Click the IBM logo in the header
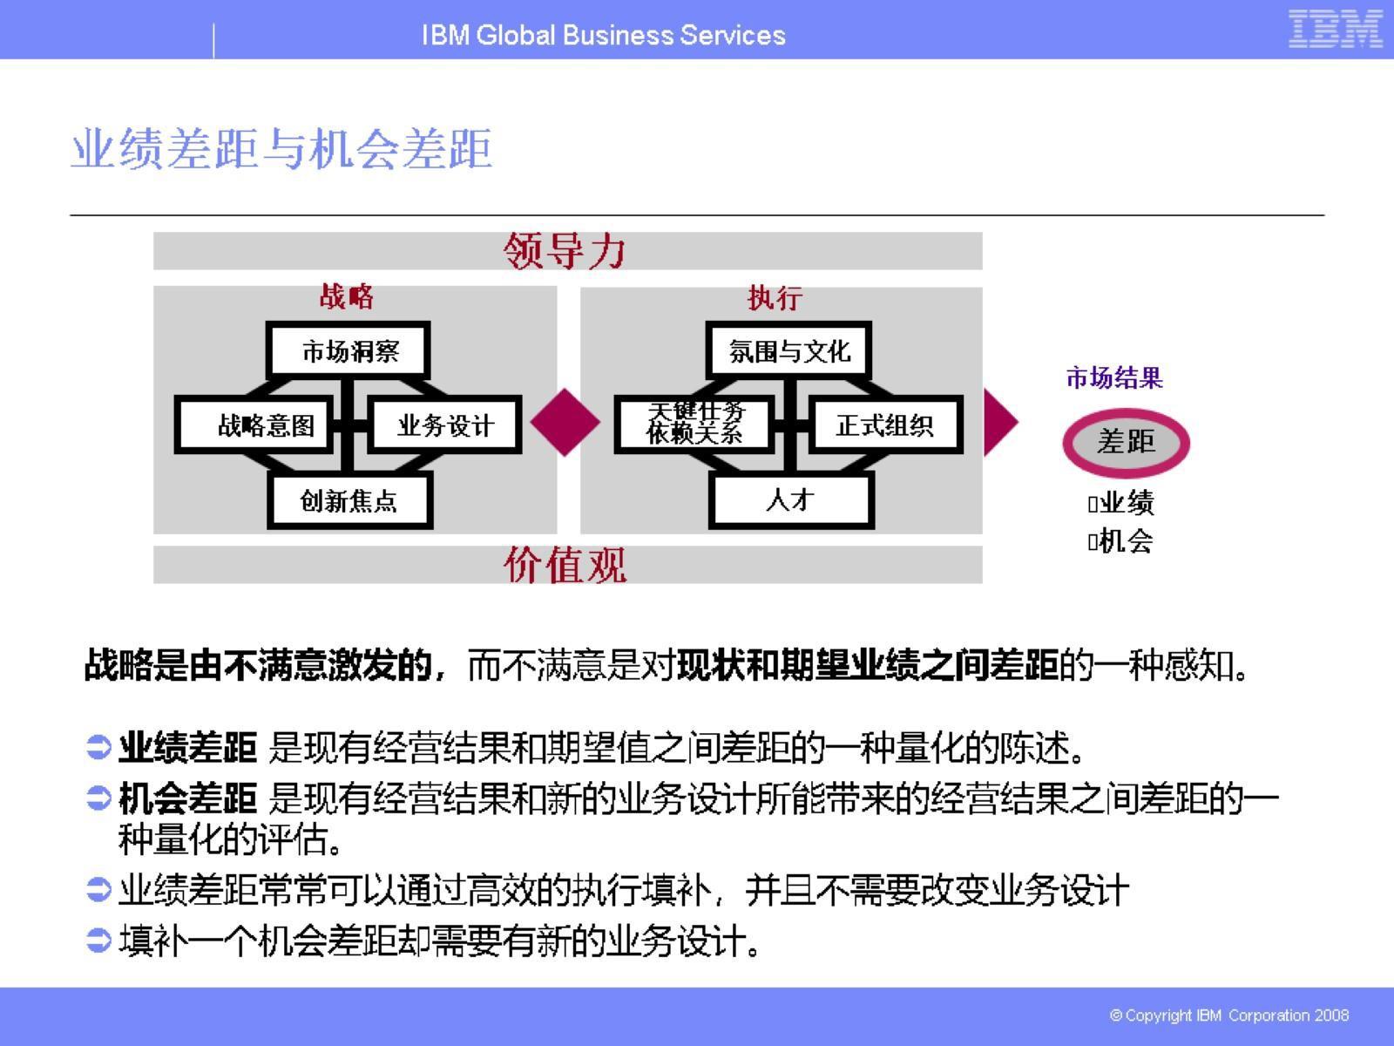(1335, 30)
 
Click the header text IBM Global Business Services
(603, 35)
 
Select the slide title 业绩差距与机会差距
(281, 149)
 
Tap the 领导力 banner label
(565, 251)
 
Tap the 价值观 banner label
(565, 565)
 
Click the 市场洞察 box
(348, 351)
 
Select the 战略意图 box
(254, 425)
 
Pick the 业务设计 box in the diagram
(445, 425)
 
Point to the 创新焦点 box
(349, 500)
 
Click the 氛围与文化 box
(789, 351)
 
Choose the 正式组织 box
(885, 425)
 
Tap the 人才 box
(791, 500)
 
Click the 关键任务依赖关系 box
(694, 424)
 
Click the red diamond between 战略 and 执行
(565, 422)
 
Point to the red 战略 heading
(346, 296)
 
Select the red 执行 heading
(775, 298)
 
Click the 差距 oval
(1126, 442)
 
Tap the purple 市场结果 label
(1114, 378)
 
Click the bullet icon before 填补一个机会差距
(99, 940)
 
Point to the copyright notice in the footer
(1229, 1015)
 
